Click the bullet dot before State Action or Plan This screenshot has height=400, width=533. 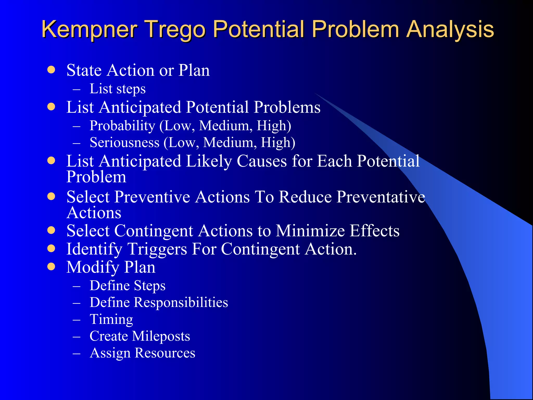tap(52, 70)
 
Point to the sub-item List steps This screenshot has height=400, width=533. tap(117, 89)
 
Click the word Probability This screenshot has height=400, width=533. tap(122, 126)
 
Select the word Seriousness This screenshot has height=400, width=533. tap(124, 143)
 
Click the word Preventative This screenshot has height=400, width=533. tap(381, 197)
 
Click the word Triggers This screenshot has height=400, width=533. tap(157, 249)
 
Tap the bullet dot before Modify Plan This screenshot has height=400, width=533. tap(52, 267)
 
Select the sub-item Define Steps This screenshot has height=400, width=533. tap(127, 286)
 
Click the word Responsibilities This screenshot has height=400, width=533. tap(181, 303)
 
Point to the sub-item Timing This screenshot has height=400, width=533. tap(111, 319)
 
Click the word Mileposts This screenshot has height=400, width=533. tap(161, 336)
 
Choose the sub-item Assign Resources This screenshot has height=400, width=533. tap(142, 353)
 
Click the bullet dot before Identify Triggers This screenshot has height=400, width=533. tap(52, 248)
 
